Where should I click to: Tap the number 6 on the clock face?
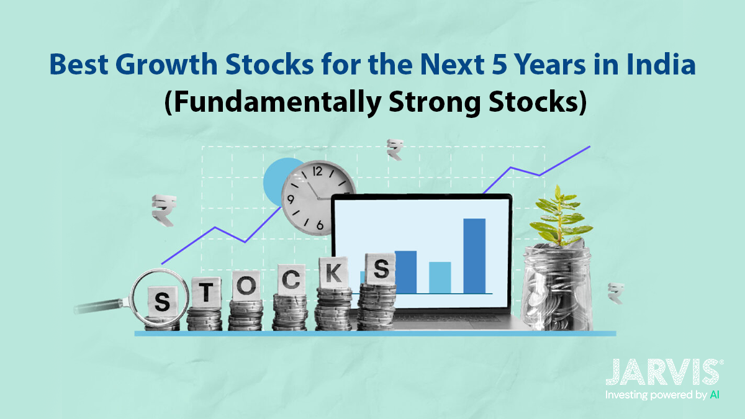point(319,225)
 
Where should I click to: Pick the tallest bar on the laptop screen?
point(474,255)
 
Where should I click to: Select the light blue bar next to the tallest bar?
point(440,277)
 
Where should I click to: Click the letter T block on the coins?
point(203,289)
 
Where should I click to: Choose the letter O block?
point(245,286)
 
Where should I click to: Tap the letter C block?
point(289,280)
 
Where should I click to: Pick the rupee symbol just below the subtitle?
point(394,149)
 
